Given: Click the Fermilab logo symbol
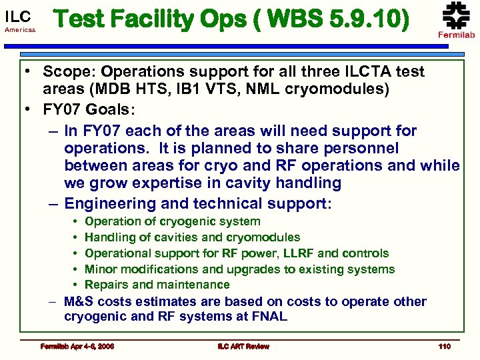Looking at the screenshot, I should coord(456,15).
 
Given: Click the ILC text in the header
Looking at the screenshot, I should coord(18,15).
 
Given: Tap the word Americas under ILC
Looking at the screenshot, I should coord(20,31).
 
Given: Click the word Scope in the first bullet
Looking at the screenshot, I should coord(64,71).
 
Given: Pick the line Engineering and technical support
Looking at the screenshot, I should coord(197,203).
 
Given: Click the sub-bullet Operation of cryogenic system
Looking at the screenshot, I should coord(173,221).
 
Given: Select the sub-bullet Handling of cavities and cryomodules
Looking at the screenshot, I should coord(193,237).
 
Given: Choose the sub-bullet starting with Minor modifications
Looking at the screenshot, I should coord(240,269).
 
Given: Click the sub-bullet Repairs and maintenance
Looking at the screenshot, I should coord(157,285).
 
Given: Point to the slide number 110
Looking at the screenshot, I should coord(445,346).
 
